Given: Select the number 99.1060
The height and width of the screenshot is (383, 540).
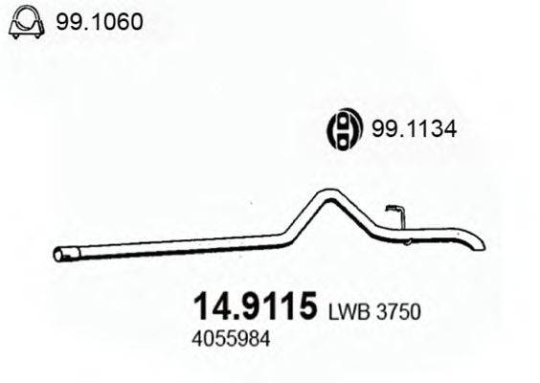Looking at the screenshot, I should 100,21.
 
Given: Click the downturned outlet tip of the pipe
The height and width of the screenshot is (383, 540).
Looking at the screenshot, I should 476,242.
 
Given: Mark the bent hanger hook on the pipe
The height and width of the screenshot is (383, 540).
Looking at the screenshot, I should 396,213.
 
